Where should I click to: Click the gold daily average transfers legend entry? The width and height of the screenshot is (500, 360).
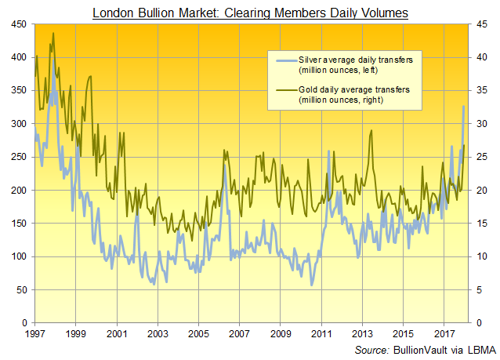tap(344, 94)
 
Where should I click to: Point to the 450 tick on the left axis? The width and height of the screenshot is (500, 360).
tap(17, 24)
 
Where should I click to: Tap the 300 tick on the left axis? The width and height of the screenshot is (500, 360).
tap(17, 124)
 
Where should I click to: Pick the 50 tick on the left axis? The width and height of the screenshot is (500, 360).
tap(20, 289)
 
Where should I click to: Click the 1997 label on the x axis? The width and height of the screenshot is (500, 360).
tap(35, 335)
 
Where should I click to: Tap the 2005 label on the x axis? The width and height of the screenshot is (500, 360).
tap(198, 335)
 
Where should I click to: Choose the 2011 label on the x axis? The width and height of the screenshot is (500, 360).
tap(321, 335)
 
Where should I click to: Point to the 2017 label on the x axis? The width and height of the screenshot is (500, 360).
tap(444, 335)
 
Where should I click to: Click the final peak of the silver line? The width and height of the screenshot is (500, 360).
tap(463, 107)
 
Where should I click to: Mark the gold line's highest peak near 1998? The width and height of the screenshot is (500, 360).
tap(53, 34)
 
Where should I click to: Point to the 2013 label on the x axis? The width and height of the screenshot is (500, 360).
tap(362, 335)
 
